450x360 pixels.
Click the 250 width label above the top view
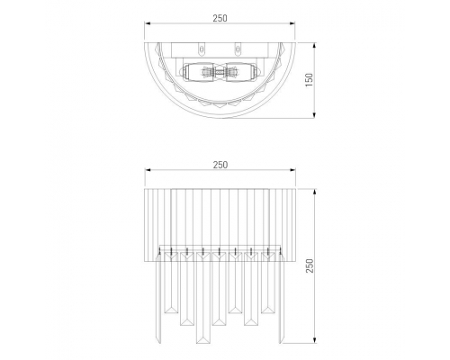pyautogui.click(x=220, y=18)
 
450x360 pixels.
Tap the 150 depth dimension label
pyautogui.click(x=309, y=80)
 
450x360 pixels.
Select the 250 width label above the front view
pyautogui.click(x=220, y=165)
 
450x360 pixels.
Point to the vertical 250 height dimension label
pyautogui.click(x=310, y=265)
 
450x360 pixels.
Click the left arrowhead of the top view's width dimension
pyautogui.click(x=148, y=23)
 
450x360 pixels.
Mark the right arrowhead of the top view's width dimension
pyautogui.click(x=292, y=23)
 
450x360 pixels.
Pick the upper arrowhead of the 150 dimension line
pyautogui.click(x=314, y=46)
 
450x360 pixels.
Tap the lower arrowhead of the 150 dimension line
pyautogui.click(x=314, y=115)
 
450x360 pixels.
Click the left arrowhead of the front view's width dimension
pyautogui.click(x=148, y=170)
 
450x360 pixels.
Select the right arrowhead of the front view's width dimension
pyautogui.click(x=292, y=170)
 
